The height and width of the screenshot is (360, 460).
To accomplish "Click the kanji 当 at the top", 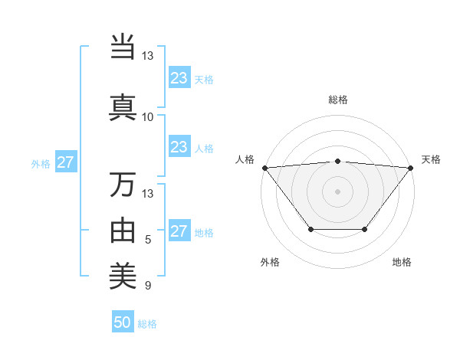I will click(x=123, y=47).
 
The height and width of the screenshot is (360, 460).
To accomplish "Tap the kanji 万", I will click(x=123, y=185).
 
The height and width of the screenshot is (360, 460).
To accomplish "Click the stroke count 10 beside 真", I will click(x=147, y=117).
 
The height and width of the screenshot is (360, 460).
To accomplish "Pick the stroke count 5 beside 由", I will click(x=148, y=240).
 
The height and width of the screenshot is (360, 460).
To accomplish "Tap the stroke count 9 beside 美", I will click(x=148, y=286).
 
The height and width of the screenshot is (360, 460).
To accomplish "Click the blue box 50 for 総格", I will click(x=123, y=322).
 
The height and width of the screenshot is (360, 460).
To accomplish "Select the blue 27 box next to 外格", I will click(x=66, y=162).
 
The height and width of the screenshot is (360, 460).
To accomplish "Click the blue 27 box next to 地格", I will click(x=179, y=231).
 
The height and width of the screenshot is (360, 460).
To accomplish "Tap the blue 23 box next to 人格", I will click(x=179, y=147).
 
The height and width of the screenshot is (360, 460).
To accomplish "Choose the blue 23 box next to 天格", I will click(x=179, y=78).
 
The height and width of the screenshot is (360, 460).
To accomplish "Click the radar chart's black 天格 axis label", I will click(x=431, y=159).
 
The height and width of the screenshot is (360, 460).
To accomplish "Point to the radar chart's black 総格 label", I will click(x=338, y=100).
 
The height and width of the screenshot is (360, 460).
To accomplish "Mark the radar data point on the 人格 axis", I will click(x=264, y=168).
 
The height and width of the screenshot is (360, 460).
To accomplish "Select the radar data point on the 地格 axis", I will click(x=365, y=229).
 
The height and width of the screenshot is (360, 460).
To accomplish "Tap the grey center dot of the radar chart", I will click(x=338, y=191).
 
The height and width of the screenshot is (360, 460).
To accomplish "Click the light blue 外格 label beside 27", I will click(x=41, y=163).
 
